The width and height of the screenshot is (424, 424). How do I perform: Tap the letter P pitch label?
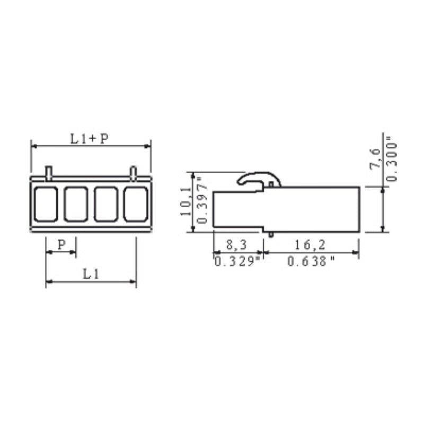point(61,244)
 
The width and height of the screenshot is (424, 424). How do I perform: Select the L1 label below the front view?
point(91,274)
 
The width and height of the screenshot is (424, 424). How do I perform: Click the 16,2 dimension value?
point(311,245)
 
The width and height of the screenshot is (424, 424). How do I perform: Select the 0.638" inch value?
point(311,261)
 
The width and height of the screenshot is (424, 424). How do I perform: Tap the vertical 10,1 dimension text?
point(185,202)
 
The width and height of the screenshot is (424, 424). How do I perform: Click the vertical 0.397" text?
point(201,202)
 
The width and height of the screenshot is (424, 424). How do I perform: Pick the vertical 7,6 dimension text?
point(374,159)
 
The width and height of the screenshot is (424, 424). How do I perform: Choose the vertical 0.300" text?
point(391,159)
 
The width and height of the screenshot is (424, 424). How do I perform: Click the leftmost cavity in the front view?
point(46,204)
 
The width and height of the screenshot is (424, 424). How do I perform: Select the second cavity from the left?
point(76,204)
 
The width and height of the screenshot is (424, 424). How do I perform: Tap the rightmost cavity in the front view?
point(136,204)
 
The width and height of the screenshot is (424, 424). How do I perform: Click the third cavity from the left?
point(106,204)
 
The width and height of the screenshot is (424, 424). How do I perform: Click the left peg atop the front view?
point(49,172)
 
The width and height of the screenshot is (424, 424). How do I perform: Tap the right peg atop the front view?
point(134,172)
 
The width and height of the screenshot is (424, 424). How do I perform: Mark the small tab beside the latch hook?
point(272,184)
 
